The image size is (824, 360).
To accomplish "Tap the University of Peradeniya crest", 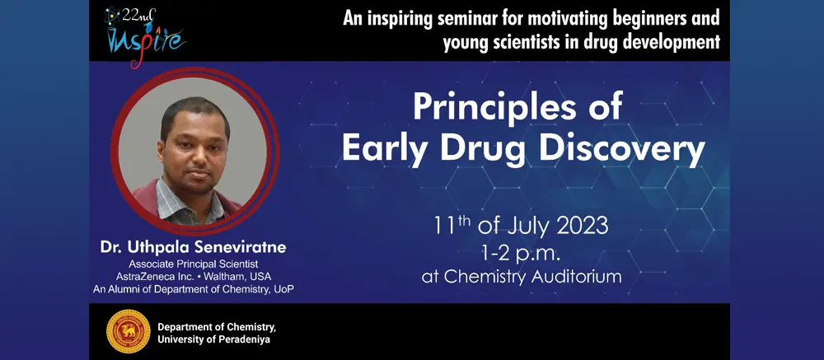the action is point(129,331).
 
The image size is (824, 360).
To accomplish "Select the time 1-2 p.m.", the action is point(522,253).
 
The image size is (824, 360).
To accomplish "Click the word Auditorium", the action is point(577,277).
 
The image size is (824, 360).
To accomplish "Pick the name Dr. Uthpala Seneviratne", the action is point(194,248).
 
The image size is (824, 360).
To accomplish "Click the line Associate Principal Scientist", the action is point(194,264).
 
